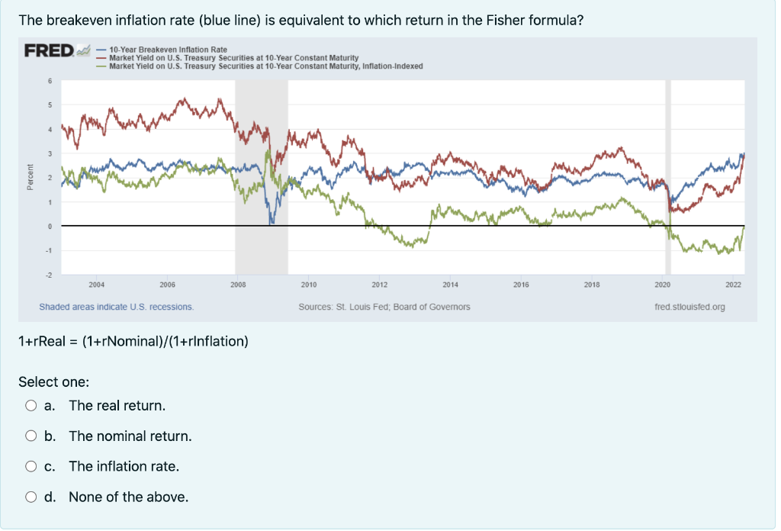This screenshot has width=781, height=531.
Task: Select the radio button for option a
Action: (x=31, y=405)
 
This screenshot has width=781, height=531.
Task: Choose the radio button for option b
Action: (x=31, y=436)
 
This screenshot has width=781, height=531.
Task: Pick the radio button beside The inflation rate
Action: (x=31, y=466)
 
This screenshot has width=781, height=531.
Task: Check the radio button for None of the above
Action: (x=31, y=497)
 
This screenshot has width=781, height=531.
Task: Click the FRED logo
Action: (x=50, y=52)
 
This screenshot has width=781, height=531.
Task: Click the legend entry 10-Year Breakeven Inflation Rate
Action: (x=168, y=50)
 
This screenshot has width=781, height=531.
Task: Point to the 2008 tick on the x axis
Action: (x=238, y=284)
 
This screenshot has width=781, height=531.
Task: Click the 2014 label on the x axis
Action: (x=450, y=284)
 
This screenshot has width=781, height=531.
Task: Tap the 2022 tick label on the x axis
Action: (x=733, y=284)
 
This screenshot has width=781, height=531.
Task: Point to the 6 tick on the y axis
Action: (x=50, y=81)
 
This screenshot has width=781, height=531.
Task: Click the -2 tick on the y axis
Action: (x=50, y=274)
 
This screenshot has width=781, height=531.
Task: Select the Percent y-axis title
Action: (x=30, y=177)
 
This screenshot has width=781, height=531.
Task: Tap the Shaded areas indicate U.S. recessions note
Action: (x=117, y=307)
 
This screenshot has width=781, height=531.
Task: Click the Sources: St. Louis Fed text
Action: (x=384, y=307)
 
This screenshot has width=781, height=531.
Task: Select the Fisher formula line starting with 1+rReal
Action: (x=133, y=341)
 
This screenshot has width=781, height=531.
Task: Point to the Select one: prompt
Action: (x=54, y=381)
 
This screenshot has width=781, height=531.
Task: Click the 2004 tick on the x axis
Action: (x=97, y=284)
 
